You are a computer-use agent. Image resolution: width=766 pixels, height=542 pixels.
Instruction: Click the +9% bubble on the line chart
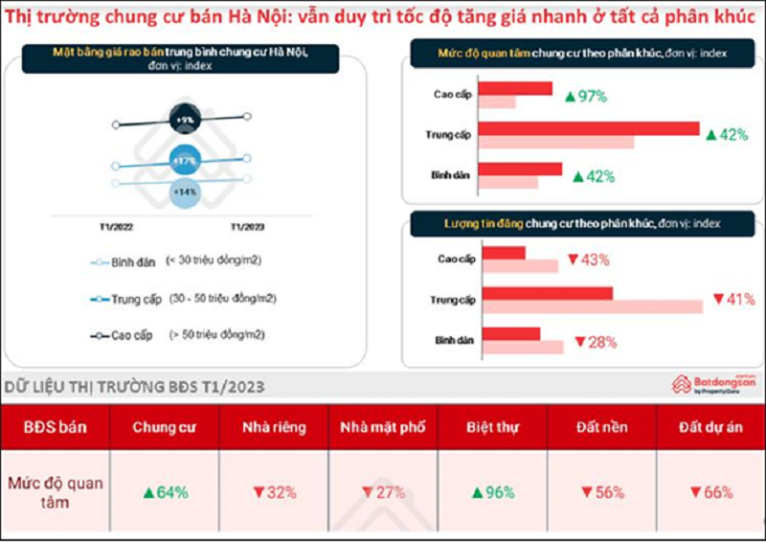185,120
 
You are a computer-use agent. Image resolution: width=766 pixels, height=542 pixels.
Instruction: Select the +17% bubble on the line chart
185,161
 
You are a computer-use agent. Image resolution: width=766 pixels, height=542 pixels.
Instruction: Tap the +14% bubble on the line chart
185,191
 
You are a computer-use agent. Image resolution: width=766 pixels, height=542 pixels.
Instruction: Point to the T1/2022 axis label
117,228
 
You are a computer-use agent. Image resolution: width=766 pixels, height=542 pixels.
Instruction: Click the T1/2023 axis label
247,228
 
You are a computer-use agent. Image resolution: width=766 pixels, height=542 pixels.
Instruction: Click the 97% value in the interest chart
586,97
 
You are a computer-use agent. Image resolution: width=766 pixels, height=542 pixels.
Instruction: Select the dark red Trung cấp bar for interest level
589,128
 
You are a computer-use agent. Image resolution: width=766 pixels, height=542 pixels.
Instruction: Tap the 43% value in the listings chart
588,260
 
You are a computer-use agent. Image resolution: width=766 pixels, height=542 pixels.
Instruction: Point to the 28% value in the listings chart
595,341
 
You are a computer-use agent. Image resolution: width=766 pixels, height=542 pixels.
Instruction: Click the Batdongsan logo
713,384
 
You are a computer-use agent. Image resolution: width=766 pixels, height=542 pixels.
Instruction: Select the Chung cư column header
165,427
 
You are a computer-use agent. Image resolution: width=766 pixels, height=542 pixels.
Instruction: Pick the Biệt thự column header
492,427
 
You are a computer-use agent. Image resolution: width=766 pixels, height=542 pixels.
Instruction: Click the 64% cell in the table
165,492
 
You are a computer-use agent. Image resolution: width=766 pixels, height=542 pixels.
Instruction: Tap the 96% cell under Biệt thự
492,492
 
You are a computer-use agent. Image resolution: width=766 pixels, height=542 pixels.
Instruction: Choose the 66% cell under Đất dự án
710,492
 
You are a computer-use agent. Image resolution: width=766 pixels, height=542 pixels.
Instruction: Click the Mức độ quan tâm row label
56,492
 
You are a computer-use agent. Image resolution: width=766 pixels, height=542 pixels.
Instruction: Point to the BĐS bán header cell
56,427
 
